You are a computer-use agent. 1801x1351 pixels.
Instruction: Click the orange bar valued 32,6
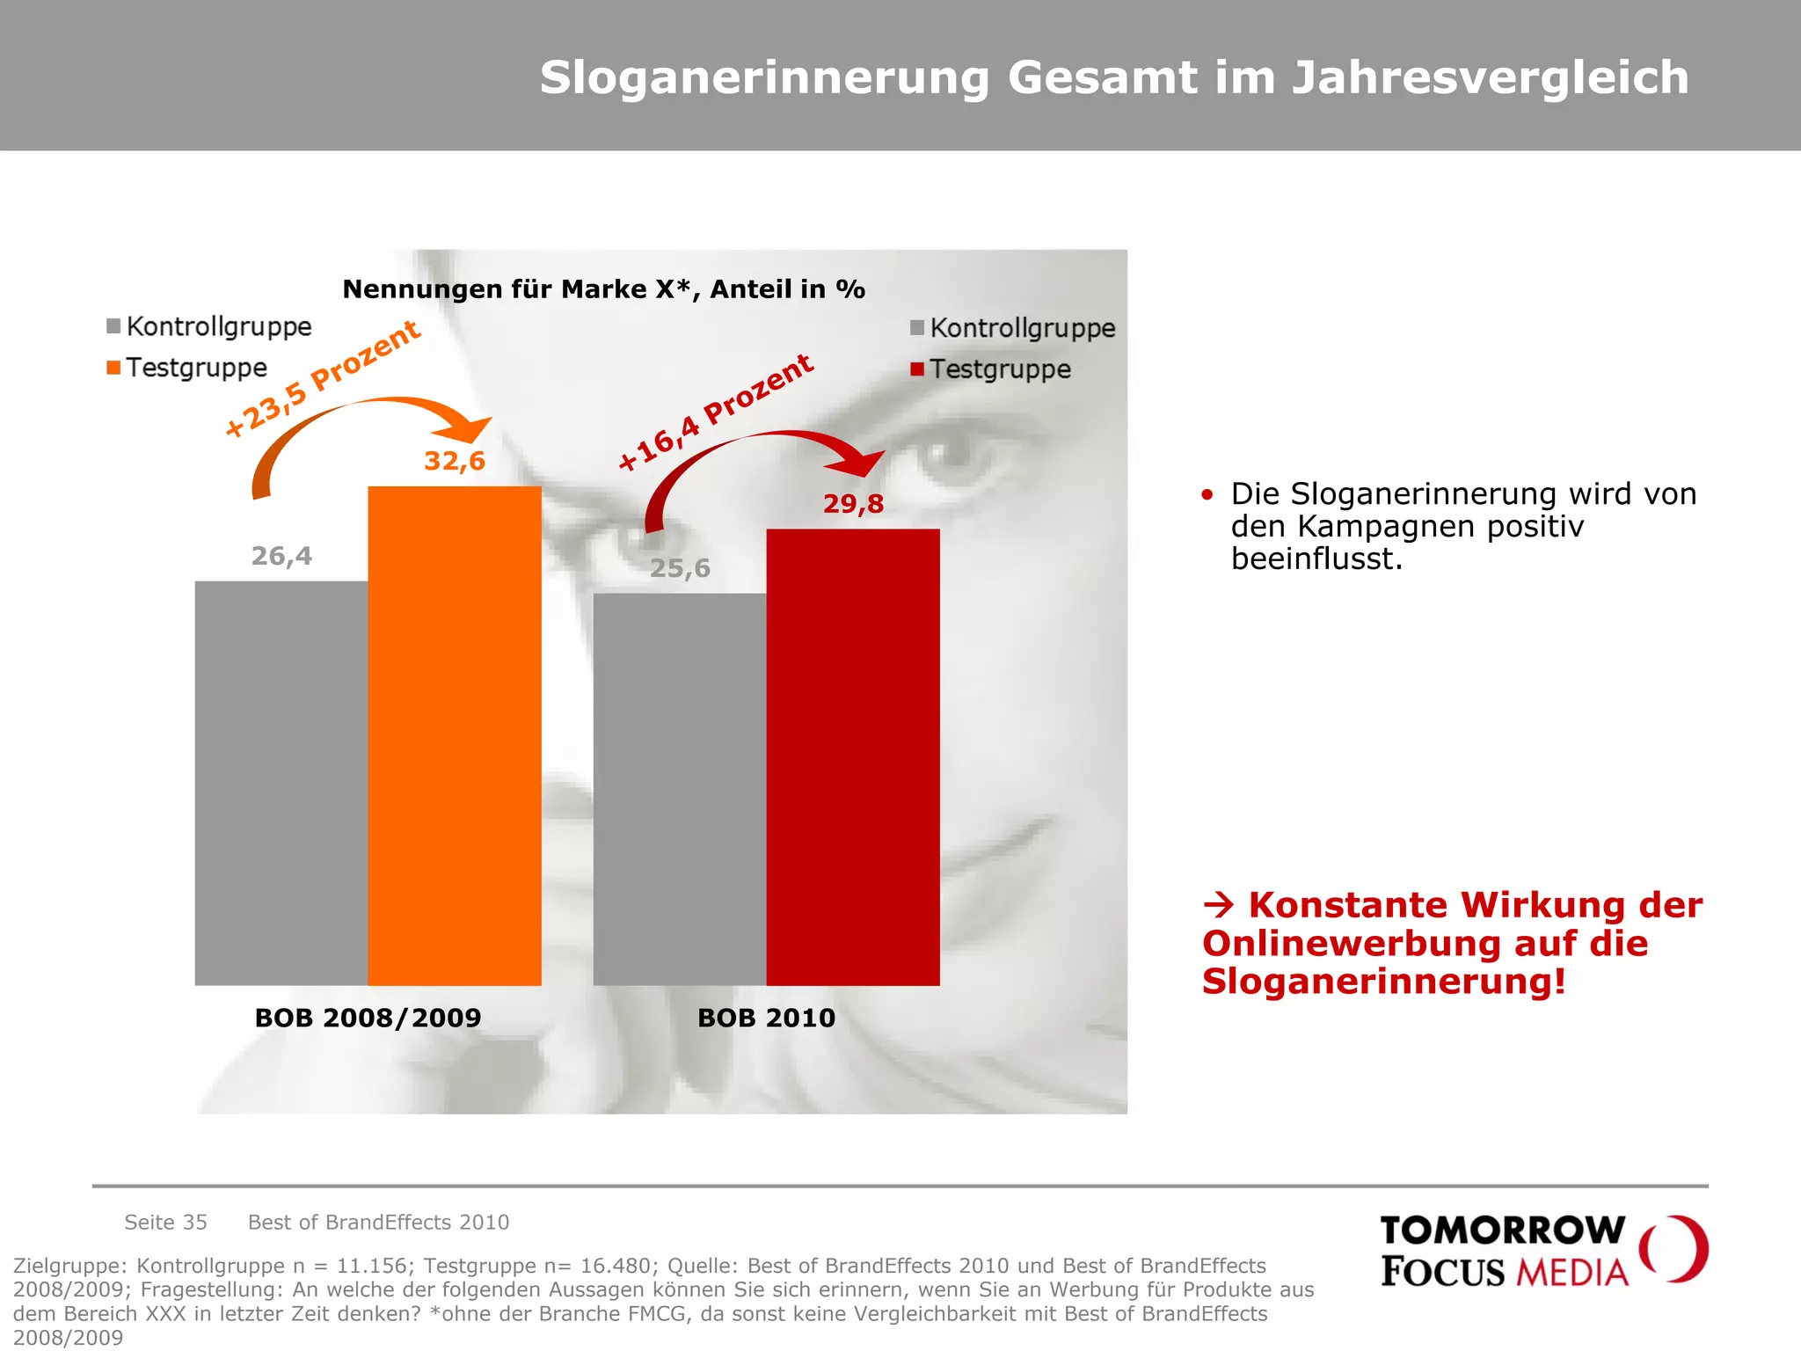tap(455, 735)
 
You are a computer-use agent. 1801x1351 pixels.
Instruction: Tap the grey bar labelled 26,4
tap(281, 783)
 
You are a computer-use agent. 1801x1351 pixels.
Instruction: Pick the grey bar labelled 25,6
tap(680, 789)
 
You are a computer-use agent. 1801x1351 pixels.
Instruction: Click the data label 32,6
tap(455, 461)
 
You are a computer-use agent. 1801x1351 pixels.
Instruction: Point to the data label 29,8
tap(853, 504)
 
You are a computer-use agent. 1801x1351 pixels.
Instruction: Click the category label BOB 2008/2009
tap(368, 1018)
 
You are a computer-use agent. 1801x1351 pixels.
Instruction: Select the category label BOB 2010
tap(766, 1018)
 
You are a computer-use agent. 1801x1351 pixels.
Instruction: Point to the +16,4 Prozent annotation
tap(716, 413)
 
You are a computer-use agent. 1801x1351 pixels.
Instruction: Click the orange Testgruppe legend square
tap(113, 368)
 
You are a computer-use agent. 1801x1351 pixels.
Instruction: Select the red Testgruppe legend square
tap(917, 369)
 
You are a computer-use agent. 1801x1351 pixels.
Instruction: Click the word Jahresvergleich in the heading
tap(1490, 77)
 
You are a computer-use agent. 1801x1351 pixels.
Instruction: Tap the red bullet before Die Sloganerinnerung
tap(1207, 495)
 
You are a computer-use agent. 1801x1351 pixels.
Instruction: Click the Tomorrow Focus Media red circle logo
tap(1673, 1249)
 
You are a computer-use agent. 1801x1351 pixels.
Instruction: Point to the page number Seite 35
tap(165, 1223)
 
